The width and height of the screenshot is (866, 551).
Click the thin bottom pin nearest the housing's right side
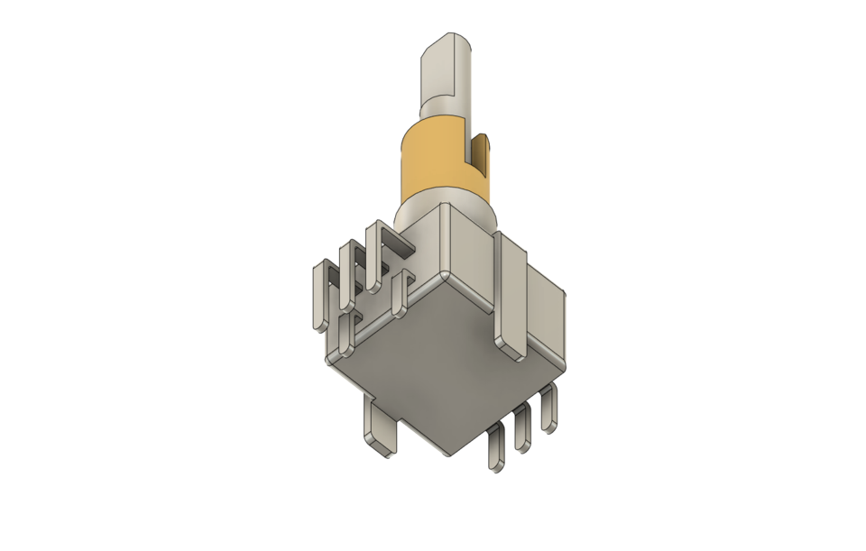548,408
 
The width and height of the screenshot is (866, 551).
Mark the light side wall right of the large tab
546,311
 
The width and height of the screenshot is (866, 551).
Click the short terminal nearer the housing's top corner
400,298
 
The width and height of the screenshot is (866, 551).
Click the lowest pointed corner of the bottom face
451,450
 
